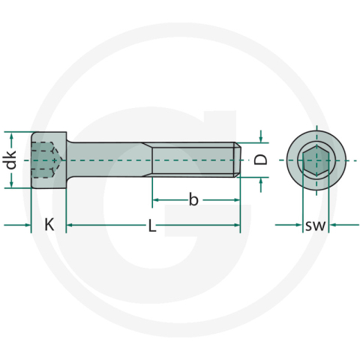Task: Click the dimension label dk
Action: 10,160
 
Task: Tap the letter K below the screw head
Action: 49,224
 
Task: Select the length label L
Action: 152,225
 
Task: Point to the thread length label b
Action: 193,199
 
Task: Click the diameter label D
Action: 260,160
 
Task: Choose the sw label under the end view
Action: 315,225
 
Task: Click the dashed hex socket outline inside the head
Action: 46,160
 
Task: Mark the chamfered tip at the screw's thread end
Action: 238,160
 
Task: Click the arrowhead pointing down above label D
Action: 260,138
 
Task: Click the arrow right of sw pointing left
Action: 334,224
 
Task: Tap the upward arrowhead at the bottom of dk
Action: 10,184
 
